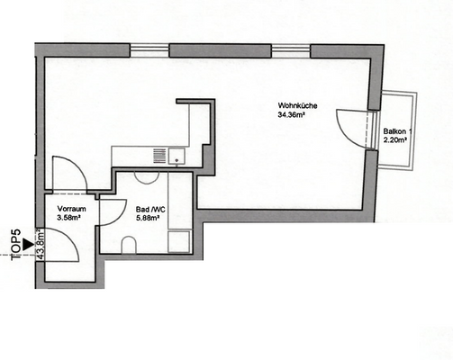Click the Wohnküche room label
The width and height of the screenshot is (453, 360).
(297, 108)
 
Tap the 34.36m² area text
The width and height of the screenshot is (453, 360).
(297, 117)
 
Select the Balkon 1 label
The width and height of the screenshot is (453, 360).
(396, 131)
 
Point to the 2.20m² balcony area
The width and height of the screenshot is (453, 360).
(396, 140)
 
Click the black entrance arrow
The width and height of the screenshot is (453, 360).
(30, 243)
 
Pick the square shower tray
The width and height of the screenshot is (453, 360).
(179, 240)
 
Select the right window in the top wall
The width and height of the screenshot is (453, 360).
(291, 50)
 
